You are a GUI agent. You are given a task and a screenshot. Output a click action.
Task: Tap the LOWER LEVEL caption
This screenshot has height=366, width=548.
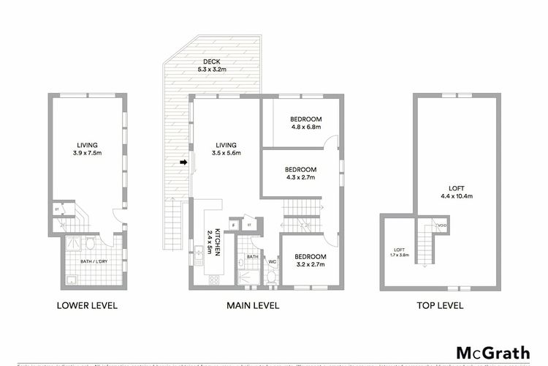coord(86,306)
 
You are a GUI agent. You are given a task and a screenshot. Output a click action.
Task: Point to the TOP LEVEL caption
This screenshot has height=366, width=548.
coord(437,306)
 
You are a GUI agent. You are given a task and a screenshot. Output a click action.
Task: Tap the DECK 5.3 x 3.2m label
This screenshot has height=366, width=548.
coord(211,65)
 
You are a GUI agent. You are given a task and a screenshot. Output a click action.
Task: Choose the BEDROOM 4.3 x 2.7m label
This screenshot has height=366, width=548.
coord(300,173)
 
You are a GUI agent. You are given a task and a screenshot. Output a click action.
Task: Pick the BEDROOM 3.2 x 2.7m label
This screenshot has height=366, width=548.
coord(310,260)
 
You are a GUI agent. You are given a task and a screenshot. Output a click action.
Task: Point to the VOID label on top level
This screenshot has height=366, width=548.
coord(441,226)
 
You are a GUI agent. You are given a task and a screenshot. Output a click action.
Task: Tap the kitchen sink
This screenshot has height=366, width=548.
coord(199,255)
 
